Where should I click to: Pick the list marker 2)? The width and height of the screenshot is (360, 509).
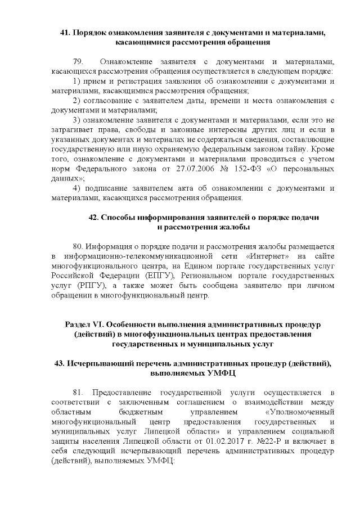pos(79,100)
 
